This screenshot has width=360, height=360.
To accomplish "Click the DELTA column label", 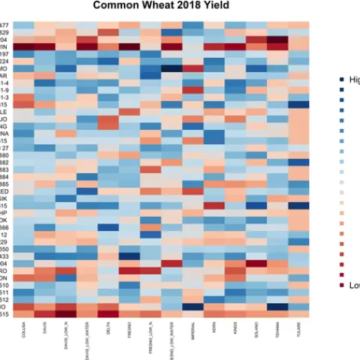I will click(109, 330).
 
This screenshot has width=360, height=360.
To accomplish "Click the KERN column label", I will click(215, 328).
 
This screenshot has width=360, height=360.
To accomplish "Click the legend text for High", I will click(354, 80).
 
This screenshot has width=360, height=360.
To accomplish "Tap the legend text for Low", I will click(354, 285).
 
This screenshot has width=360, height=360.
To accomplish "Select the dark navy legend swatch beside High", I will click(341, 80).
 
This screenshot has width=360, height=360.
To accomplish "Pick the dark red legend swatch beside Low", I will click(341, 285).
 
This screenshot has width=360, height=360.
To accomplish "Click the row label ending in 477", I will click(4, 25).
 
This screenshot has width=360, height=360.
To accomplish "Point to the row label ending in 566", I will click(4, 227).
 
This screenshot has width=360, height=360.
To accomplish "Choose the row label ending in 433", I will click(4, 256).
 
